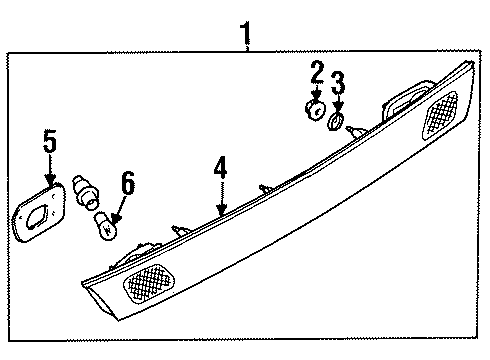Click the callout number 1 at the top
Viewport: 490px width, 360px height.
pyautogui.click(x=245, y=38)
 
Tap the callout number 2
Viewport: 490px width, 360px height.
pyautogui.click(x=317, y=73)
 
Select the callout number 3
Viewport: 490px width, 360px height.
pyautogui.click(x=338, y=83)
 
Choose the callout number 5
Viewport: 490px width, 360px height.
pyautogui.click(x=49, y=141)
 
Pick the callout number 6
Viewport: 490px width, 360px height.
pyautogui.click(x=127, y=183)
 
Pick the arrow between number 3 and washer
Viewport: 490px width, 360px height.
pyautogui.click(x=338, y=104)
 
